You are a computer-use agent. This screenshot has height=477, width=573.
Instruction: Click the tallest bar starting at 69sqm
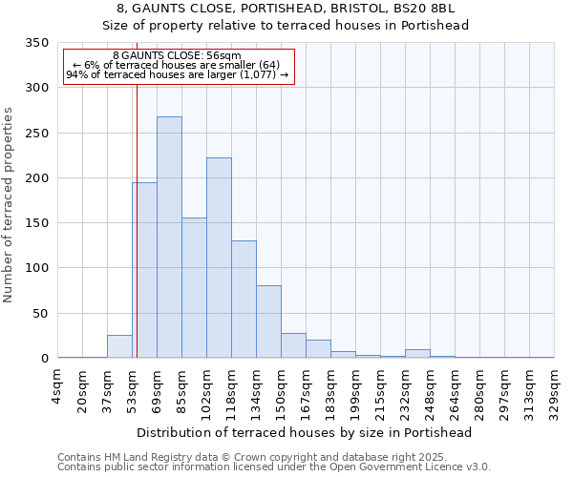pos(169,238)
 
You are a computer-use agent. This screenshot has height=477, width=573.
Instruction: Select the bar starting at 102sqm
pos(219,258)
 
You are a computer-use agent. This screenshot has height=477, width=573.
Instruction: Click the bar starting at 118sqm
pos(244,300)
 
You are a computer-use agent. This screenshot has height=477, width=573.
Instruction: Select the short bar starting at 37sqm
pos(119,346)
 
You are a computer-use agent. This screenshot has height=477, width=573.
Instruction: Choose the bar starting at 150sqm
pos(293,345)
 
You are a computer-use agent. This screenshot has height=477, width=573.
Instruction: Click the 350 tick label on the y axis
pos(36,43)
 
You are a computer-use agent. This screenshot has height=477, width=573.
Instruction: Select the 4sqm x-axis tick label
pos(58,385)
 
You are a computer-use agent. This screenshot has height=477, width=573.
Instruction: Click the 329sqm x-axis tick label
pos(554,391)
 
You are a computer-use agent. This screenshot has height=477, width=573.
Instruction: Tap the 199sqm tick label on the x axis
pos(355,391)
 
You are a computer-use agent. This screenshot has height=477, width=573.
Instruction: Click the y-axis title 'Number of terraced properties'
pos(9,204)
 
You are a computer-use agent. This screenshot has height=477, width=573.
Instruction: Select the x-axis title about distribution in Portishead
pos(306,432)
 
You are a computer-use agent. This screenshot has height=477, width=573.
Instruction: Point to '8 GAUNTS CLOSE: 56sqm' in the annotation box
pos(177,56)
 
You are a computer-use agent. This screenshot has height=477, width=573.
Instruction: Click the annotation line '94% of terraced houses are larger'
pos(177,75)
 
